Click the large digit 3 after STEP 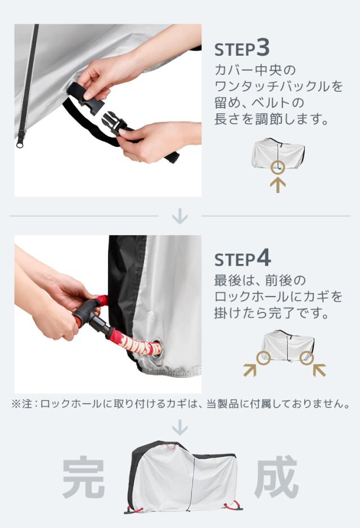point(263,47)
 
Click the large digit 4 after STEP point(264,258)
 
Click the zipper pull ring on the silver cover point(20,144)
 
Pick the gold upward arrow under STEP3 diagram point(278,185)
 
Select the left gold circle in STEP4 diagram point(263,358)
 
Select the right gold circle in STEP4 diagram point(307,358)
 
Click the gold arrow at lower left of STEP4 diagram point(250,370)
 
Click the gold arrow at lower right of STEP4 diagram point(319,370)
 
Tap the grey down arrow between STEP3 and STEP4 point(180,216)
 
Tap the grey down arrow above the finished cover point(180,427)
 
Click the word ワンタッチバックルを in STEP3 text point(278,86)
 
